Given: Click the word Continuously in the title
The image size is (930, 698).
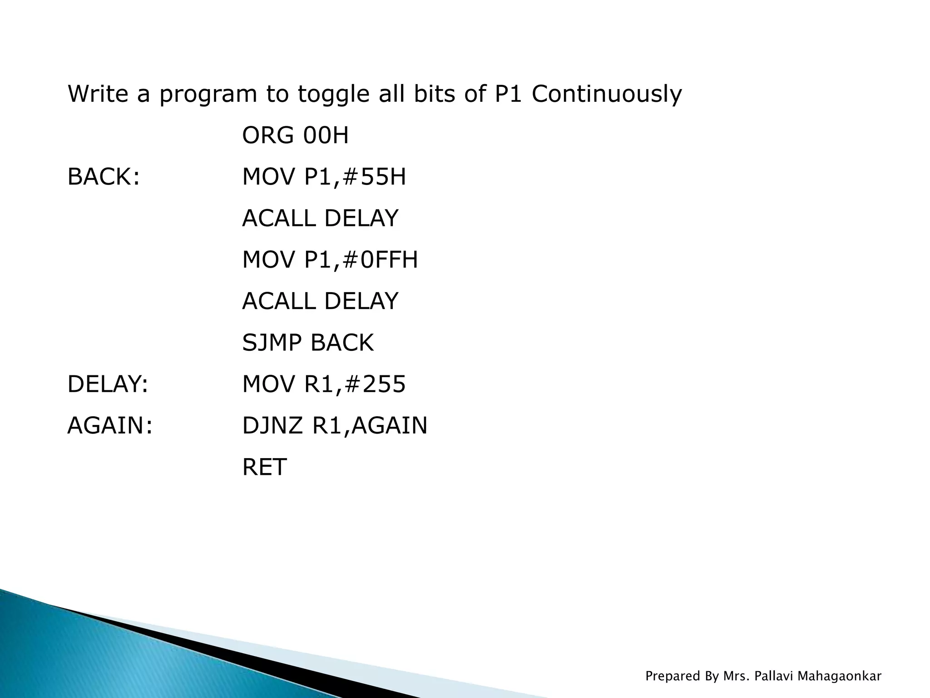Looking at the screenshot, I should coord(606,95).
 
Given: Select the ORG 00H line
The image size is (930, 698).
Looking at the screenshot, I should coord(295,135).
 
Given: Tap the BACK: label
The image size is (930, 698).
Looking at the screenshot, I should coord(103,177).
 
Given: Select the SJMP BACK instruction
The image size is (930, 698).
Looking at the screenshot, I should coord(307,343).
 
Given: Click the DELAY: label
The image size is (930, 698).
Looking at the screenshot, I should coord(108,384).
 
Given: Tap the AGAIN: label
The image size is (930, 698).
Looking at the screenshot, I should coord(110,426).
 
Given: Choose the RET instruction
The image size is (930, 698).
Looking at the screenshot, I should coord(264,467).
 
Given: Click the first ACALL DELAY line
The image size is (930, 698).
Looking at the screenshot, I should coord(320,219).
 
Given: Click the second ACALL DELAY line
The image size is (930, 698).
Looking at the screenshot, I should coord(320,301).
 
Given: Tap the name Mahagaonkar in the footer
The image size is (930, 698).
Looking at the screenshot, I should coord(839,676).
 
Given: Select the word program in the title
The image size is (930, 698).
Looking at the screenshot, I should coord(208,95).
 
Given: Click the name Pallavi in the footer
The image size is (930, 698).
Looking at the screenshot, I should coord(773,676).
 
